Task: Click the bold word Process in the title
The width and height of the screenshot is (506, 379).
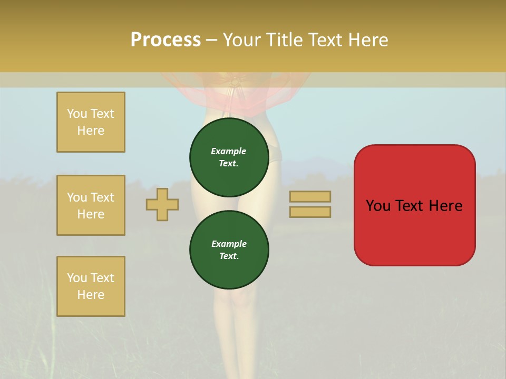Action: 166,40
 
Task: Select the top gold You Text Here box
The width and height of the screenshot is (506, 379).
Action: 91,122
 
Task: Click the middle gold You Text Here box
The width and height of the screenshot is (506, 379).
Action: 91,205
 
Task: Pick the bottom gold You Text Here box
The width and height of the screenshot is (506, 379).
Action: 91,286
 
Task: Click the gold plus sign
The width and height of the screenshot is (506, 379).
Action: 162,204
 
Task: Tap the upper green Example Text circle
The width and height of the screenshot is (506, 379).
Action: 229,157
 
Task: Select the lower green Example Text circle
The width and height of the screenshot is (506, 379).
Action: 229,250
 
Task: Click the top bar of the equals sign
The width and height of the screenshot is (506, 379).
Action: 310,197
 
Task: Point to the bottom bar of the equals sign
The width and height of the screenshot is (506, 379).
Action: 310,212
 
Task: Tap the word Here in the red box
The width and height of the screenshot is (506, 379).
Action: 445,206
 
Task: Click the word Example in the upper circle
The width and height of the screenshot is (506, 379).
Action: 229,151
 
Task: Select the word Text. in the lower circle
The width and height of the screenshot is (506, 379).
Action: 229,256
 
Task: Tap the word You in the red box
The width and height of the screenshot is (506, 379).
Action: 377,206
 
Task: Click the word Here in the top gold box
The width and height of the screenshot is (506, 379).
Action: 91,131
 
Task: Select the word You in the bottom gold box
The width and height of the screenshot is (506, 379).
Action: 77,278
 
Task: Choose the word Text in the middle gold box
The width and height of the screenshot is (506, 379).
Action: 102,197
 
